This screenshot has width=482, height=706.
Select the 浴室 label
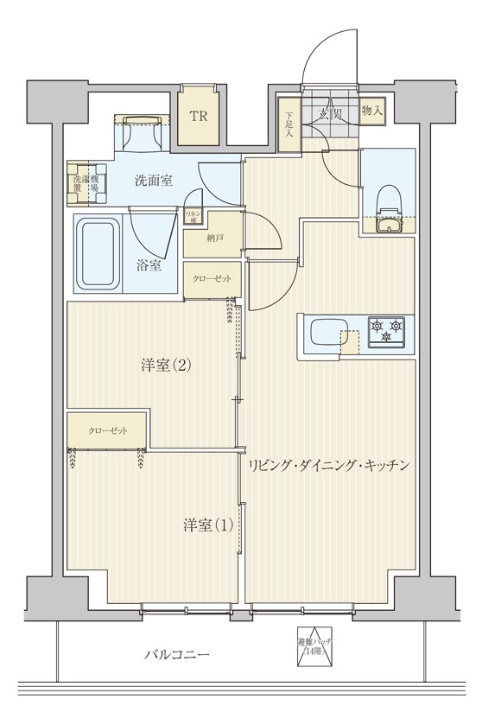[x=149, y=265]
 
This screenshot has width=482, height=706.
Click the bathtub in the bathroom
[x=97, y=255]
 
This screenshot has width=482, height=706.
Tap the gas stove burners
[x=386, y=332]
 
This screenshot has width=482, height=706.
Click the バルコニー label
[x=176, y=655]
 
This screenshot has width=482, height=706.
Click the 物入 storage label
[x=372, y=111]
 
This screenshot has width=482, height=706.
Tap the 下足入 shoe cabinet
[x=288, y=127]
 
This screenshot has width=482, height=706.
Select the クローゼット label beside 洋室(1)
[x=106, y=429]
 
